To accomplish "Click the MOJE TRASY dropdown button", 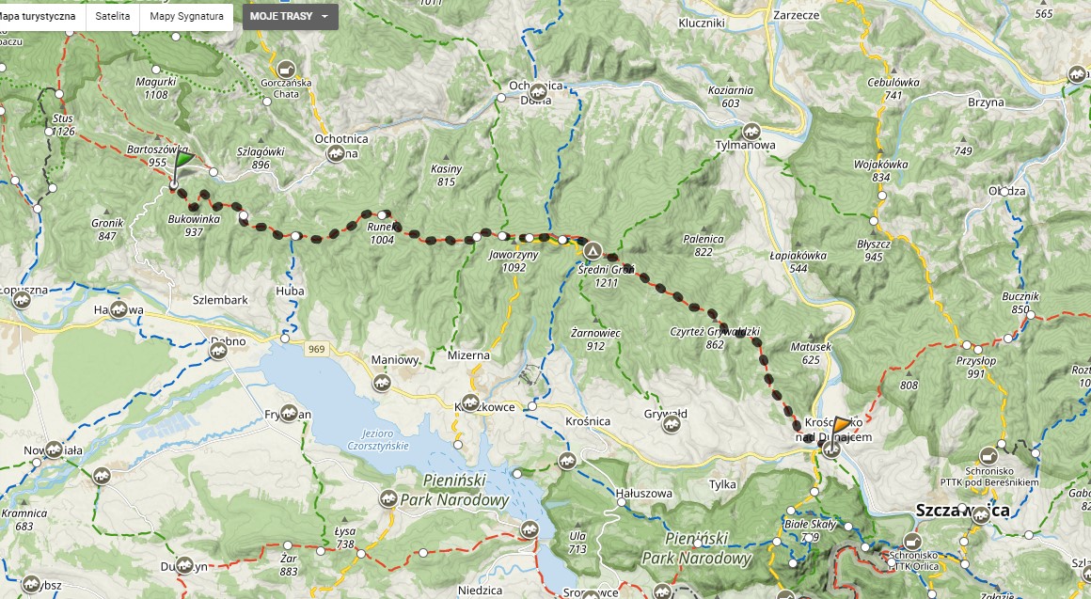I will click(x=290, y=17).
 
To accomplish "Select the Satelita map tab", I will click(x=112, y=17).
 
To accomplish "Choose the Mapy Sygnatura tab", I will click(x=186, y=17).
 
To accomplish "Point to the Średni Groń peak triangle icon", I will click(x=593, y=251).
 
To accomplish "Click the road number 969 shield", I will click(x=315, y=349).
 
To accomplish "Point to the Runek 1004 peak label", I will click(x=381, y=233).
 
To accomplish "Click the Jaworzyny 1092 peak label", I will click(x=514, y=260).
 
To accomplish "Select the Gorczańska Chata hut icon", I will click(x=286, y=70).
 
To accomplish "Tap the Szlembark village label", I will click(x=220, y=299).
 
